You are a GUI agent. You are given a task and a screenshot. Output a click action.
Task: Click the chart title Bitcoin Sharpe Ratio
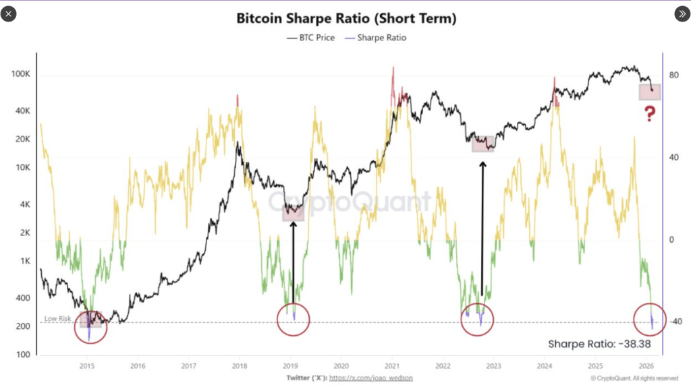346,18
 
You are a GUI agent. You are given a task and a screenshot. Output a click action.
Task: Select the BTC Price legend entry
311,38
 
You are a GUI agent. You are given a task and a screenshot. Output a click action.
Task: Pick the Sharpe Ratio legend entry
379,38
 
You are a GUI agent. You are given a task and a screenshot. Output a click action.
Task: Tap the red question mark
649,114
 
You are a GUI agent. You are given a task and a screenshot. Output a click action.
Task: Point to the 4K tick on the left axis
25,204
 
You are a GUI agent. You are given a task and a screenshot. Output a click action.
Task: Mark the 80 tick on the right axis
673,76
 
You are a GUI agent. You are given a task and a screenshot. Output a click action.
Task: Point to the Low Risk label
58,318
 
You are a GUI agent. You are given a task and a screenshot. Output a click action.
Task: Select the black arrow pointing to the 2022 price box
482,229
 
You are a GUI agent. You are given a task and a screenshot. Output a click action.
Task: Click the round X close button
9,13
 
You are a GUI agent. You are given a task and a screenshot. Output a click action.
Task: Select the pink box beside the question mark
649,92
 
